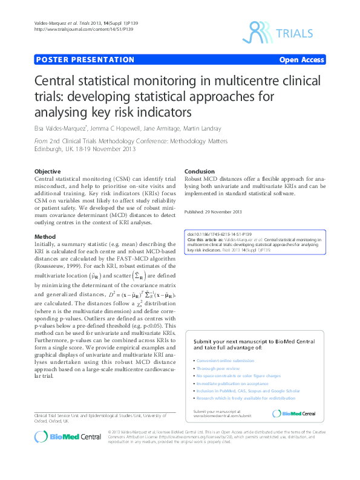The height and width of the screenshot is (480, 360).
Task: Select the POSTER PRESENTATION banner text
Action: point(85,60)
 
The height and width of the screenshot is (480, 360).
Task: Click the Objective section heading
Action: point(48,172)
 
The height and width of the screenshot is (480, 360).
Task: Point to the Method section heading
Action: point(45,236)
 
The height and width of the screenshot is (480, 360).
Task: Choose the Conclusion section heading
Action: point(200,172)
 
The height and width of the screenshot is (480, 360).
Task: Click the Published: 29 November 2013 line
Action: point(212,212)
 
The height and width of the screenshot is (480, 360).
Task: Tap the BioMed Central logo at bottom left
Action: point(67,437)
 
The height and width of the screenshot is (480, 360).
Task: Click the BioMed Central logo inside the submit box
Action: point(294,414)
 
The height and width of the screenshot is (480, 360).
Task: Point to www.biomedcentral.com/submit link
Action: point(222,416)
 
